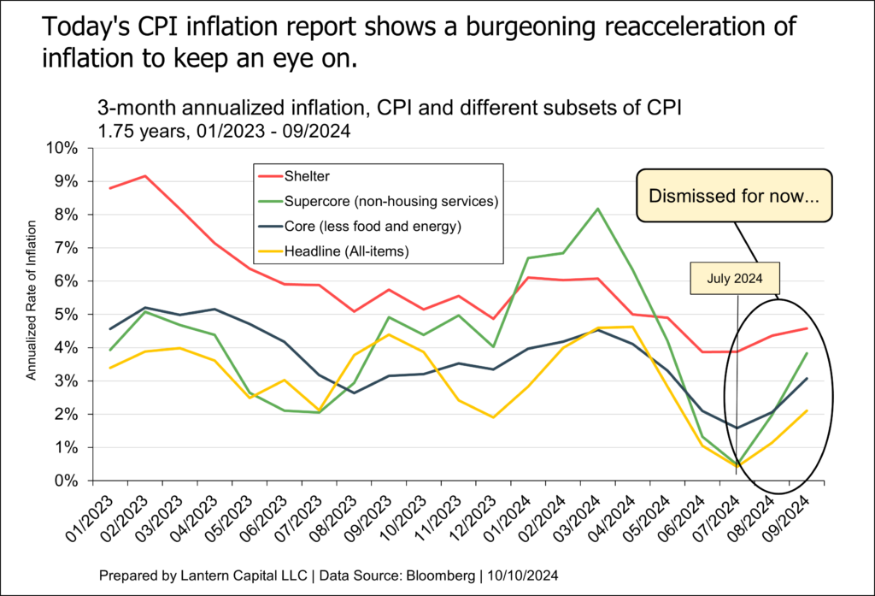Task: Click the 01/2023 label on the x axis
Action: [x=95, y=518]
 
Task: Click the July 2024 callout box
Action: [x=736, y=280]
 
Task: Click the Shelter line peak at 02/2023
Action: [x=146, y=176]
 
